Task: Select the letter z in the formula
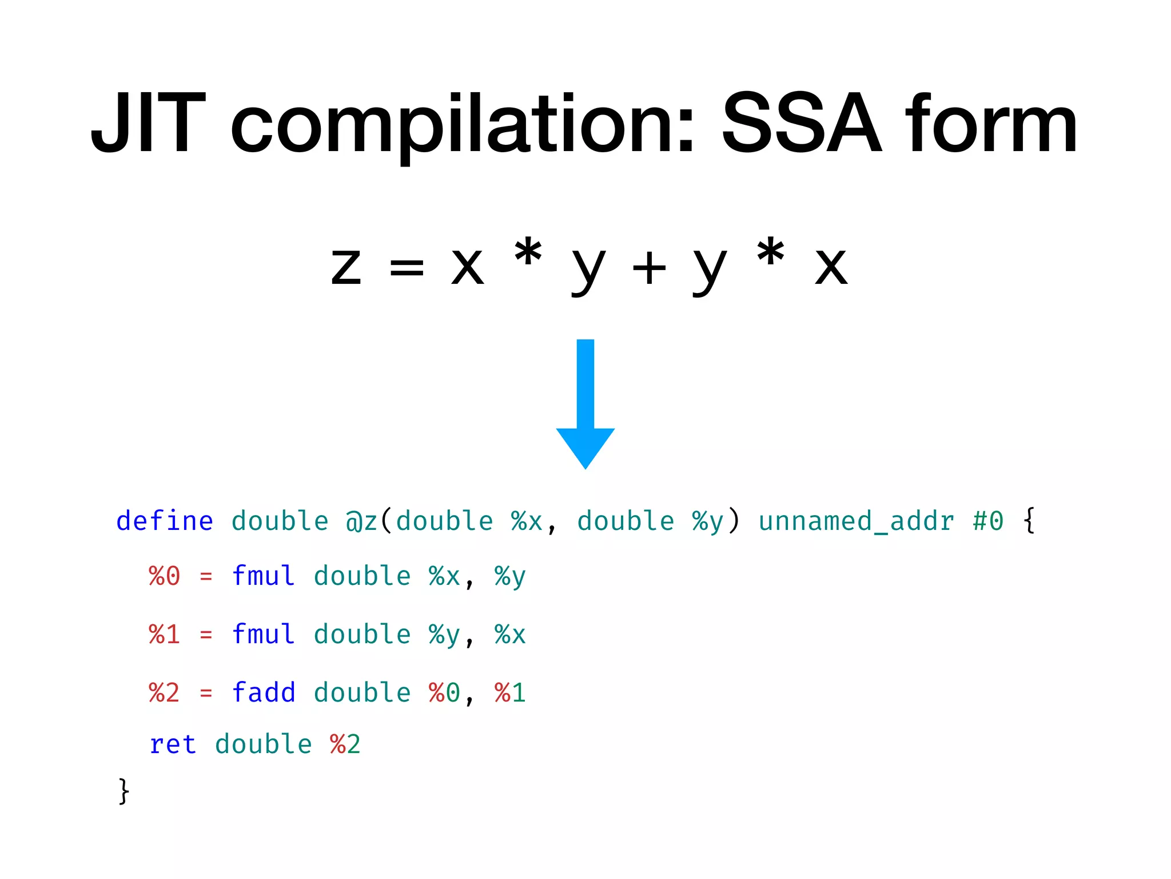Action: [346, 268]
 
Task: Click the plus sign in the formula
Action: [649, 268]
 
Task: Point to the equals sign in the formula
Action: [407, 268]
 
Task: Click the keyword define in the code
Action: [165, 521]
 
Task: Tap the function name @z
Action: [361, 521]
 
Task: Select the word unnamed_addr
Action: [856, 521]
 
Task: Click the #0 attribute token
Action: [988, 521]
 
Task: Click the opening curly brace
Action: [1029, 521]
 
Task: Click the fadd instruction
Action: [264, 692]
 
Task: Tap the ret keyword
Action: [173, 745]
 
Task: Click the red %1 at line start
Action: [165, 635]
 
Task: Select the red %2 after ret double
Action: [345, 745]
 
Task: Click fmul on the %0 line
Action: [264, 576]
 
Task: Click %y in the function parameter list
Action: [708, 521]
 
